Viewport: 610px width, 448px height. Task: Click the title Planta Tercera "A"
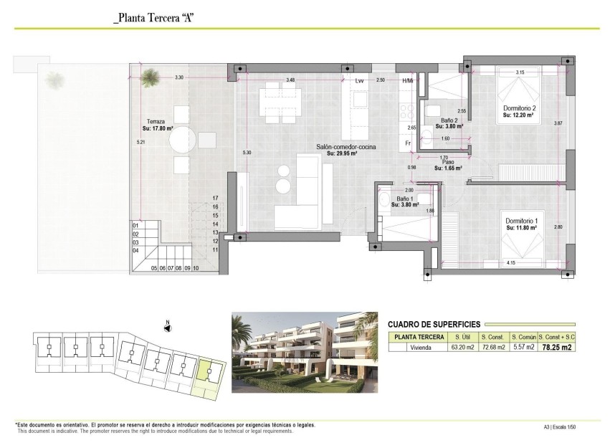154,18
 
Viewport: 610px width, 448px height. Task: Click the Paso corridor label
448,163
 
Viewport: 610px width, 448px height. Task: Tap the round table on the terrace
182,139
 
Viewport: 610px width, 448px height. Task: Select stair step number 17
214,197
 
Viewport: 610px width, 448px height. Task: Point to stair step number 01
135,226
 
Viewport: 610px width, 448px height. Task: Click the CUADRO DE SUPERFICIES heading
434,324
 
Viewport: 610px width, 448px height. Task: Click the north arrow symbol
166,328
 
